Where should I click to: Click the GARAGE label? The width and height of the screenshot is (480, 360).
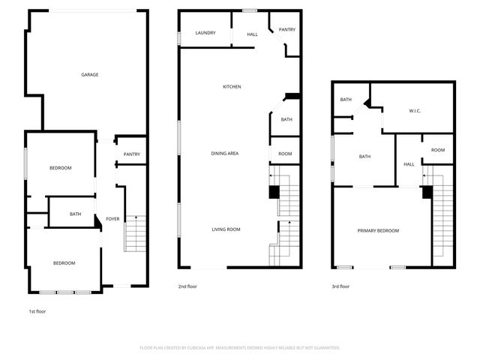(90, 74)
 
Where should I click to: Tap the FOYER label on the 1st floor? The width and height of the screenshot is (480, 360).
(112, 219)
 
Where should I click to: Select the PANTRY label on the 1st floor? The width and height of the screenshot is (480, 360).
(132, 154)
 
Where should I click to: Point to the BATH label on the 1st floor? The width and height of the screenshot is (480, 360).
(75, 214)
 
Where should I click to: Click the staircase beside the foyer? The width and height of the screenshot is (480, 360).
(135, 232)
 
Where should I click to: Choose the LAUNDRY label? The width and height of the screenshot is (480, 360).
(205, 33)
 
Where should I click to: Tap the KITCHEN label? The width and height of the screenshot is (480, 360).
(232, 87)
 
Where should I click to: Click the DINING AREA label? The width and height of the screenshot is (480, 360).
(224, 153)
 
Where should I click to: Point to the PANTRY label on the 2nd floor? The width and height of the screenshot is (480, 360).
(286, 30)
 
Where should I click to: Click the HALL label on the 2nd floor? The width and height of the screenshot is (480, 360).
(253, 34)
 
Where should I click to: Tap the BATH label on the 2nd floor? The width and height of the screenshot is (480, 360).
(286, 120)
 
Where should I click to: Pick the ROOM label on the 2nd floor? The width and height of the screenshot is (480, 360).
(285, 153)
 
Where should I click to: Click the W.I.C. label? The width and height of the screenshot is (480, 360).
(415, 111)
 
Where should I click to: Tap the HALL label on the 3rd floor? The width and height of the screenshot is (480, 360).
(409, 164)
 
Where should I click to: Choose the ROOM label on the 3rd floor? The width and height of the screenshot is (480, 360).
(438, 150)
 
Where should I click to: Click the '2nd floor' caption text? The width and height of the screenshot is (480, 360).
(188, 286)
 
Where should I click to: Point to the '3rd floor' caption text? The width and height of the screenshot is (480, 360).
(340, 286)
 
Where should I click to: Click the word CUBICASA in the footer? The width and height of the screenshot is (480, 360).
(212, 348)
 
